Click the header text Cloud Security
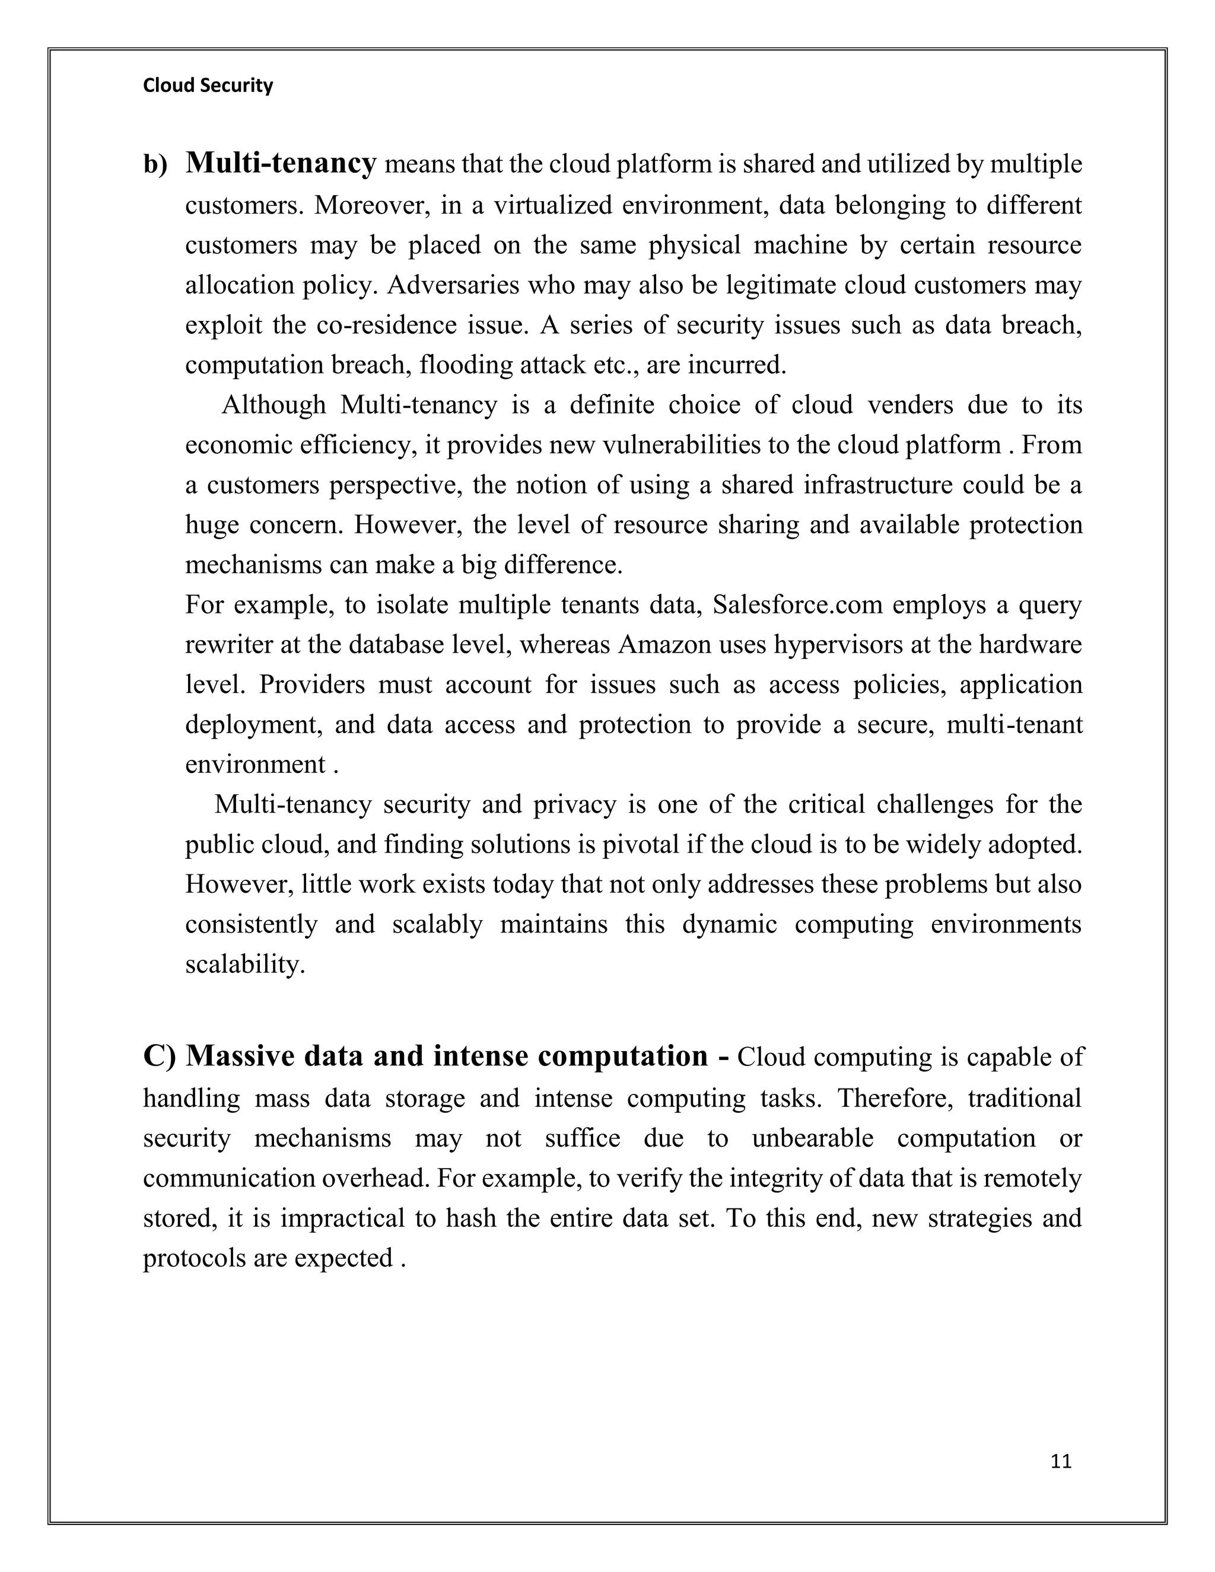208,85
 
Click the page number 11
1061,1462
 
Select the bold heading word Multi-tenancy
281,163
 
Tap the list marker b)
155,165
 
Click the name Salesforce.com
797,604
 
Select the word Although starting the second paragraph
273,405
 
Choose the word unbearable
812,1138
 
